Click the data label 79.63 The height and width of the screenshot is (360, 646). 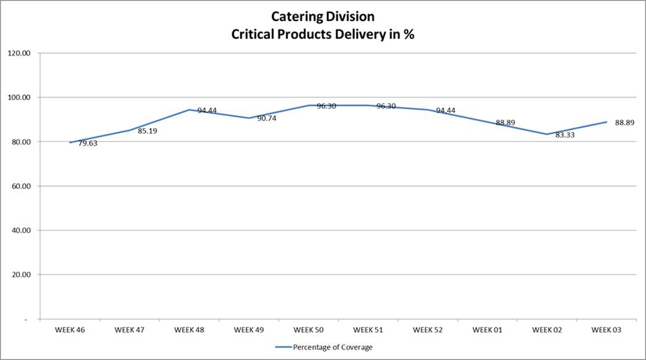click(87, 143)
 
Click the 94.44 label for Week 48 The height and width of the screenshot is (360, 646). click(207, 111)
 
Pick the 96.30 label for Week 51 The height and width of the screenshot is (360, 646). click(386, 107)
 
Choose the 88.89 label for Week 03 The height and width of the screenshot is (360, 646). click(624, 123)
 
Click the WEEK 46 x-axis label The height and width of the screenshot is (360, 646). click(69, 330)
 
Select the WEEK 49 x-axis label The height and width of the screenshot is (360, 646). click(249, 330)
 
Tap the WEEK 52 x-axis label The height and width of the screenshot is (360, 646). click(427, 330)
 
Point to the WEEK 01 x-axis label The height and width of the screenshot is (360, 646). click(487, 330)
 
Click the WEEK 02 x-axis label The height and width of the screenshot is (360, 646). click(546, 330)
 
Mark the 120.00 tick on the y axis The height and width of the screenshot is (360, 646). click(19, 53)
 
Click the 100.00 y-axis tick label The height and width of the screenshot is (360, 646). click(19, 97)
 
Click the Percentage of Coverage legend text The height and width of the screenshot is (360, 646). click(333, 347)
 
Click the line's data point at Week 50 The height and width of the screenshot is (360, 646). click(308, 105)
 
